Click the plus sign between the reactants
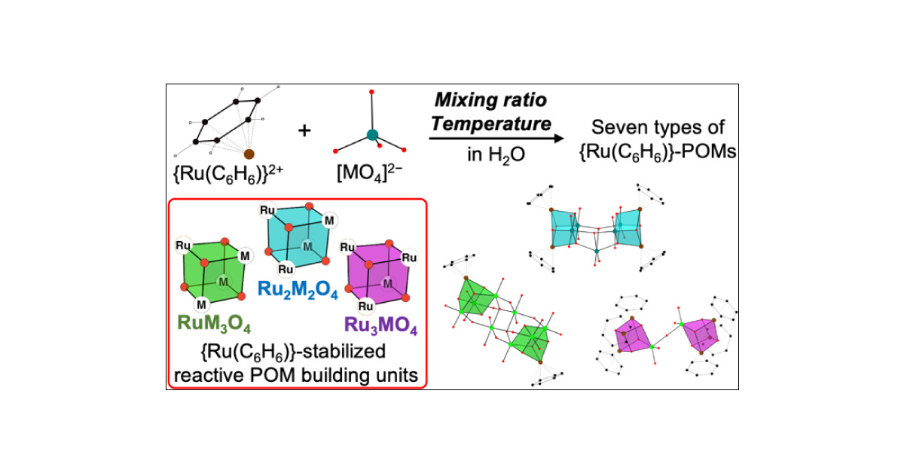304,131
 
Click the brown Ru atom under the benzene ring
249,155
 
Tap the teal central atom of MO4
371,136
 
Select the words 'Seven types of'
656,128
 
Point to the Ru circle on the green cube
182,245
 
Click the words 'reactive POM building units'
298,374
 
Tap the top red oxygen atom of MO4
371,93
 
